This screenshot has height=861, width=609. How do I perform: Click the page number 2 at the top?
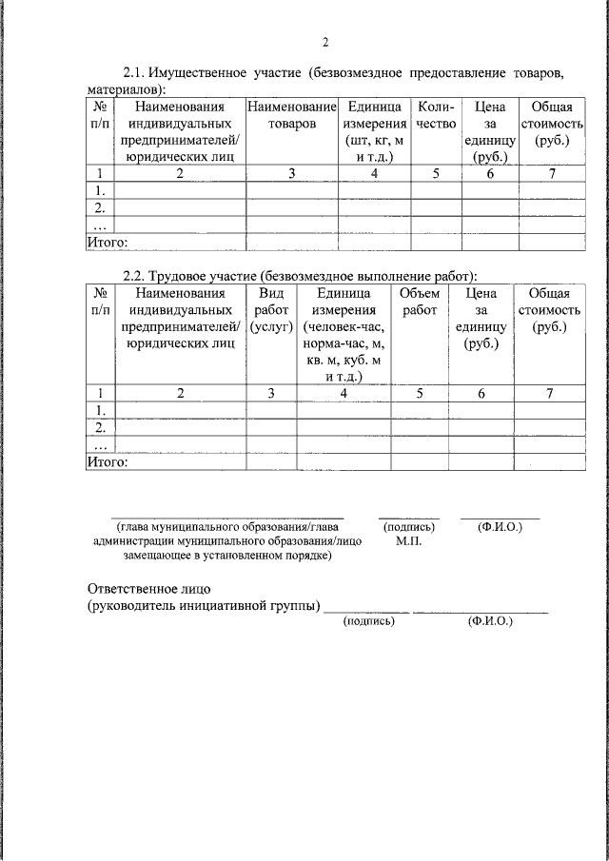tap(324, 42)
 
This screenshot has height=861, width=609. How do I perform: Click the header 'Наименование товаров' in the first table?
tap(292, 116)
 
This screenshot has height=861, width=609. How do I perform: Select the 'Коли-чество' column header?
tap(436, 116)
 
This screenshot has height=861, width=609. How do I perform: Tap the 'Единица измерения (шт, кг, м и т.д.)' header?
tap(374, 132)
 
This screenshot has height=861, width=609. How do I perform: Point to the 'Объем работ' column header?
tap(420, 302)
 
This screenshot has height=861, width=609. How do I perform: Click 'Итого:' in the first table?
tap(107, 243)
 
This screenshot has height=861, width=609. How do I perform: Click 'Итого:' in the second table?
tap(107, 461)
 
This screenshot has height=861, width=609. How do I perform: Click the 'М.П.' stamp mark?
tap(408, 541)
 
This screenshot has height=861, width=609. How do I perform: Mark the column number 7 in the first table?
tap(551, 173)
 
